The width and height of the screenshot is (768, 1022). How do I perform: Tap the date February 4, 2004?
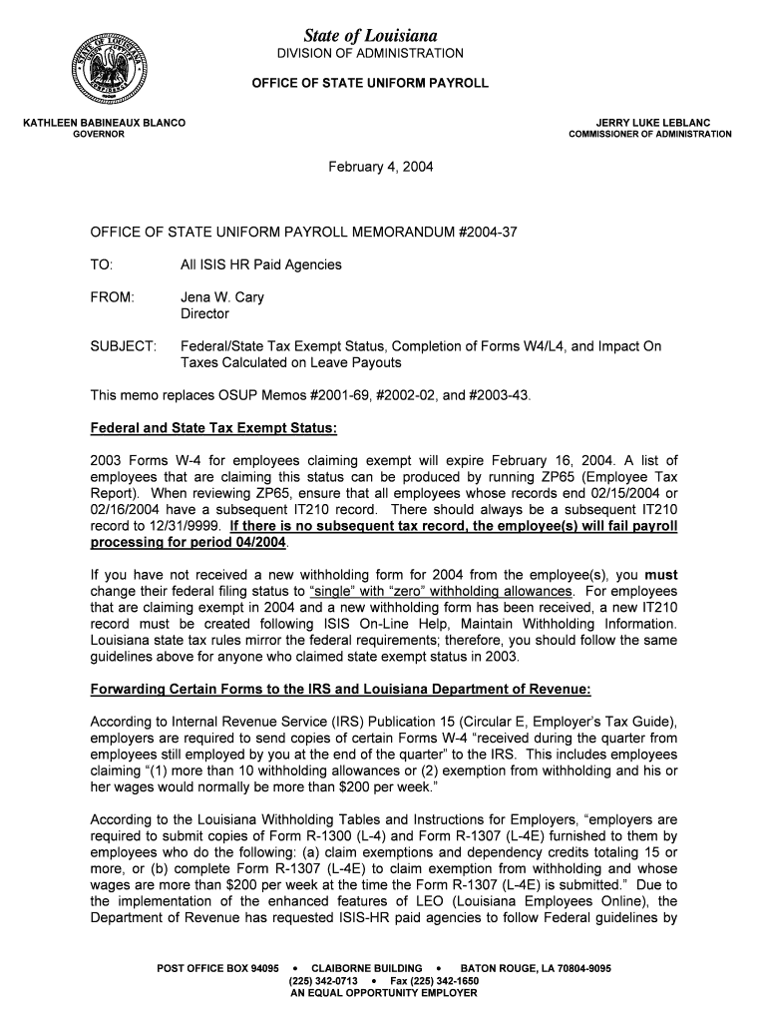tap(381, 167)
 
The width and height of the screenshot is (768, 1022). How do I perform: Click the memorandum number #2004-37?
tap(488, 232)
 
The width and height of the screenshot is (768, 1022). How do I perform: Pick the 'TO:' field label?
tap(102, 264)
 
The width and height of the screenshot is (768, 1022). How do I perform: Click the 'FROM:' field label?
tap(112, 297)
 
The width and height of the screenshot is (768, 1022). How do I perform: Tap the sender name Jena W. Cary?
tap(221, 297)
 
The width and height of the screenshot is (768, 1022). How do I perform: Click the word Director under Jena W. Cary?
tap(204, 313)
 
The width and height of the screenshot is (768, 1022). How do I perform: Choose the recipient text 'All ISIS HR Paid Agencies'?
tap(260, 264)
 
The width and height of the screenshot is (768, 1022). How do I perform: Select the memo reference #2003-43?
tap(495, 395)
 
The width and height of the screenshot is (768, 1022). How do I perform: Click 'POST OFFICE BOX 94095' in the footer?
tap(218, 968)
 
